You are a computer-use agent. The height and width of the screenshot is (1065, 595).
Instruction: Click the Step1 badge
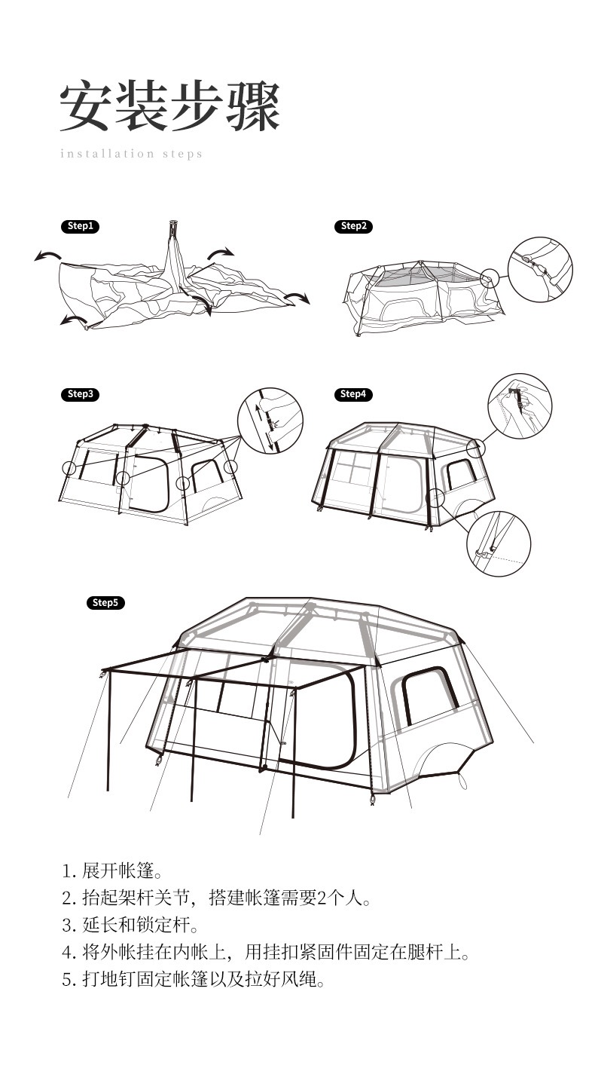[81, 226]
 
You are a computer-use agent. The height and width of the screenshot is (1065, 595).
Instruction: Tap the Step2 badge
[353, 226]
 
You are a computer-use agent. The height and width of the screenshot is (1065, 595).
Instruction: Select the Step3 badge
[81, 394]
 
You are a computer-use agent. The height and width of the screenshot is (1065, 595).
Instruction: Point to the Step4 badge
[353, 394]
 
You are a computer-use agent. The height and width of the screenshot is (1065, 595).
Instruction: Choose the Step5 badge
[105, 603]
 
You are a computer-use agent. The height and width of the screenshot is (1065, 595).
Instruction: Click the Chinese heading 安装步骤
[170, 106]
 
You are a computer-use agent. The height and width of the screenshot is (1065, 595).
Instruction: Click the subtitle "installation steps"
[132, 154]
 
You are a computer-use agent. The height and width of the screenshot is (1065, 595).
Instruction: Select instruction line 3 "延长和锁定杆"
[130, 926]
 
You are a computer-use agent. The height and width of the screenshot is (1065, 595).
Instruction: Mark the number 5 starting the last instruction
[66, 981]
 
